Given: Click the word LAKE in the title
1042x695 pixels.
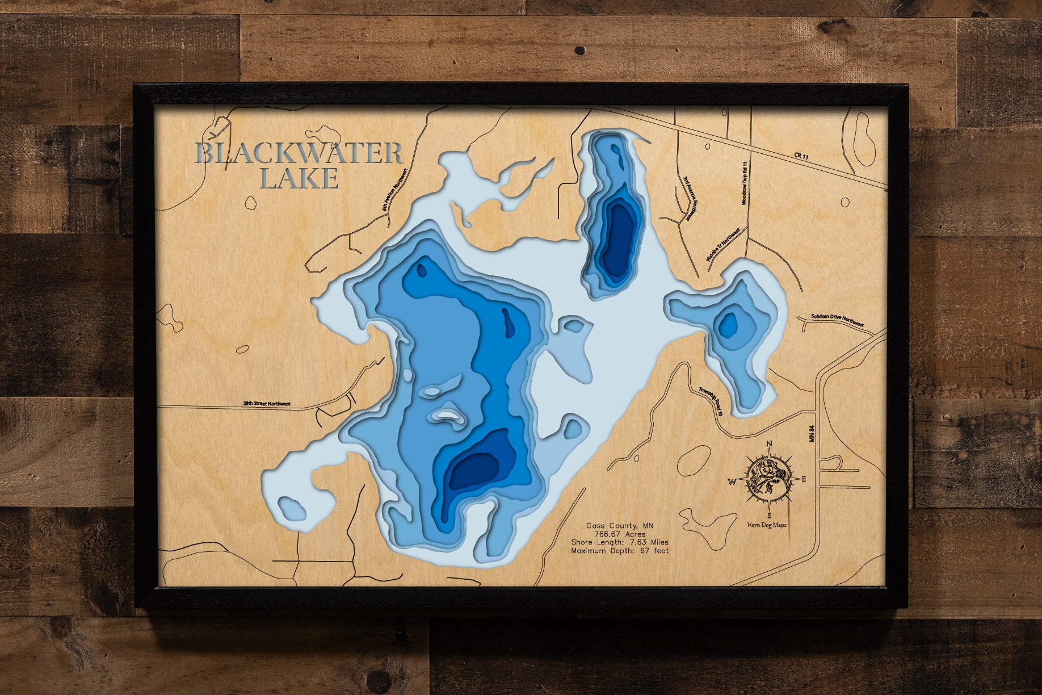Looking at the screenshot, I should pos(299,179).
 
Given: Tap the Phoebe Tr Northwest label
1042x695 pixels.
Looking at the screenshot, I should pos(723,245).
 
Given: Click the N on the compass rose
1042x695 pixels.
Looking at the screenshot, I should pos(769,444).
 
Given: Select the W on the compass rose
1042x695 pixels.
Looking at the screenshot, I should pos(732,482).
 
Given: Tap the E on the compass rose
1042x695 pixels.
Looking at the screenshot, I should pos(803,479).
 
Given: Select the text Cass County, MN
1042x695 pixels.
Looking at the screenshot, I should pos(620,526).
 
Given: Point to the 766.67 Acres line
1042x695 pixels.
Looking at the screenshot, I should pos(620,534).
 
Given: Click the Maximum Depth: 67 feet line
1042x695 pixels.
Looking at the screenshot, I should pos(620,551).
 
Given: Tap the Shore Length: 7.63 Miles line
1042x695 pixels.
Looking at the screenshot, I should pos(620,542).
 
